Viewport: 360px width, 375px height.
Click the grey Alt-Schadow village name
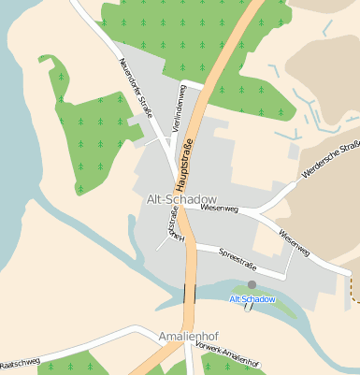pyautogui.click(x=181, y=199)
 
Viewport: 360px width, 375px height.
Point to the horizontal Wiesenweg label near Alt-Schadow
pyautogui.click(x=220, y=210)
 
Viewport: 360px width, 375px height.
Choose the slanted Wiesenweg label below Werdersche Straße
pyautogui.click(x=293, y=242)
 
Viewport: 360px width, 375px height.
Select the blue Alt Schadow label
pyautogui.click(x=252, y=299)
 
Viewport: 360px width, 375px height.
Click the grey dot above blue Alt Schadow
pyautogui.click(x=252, y=284)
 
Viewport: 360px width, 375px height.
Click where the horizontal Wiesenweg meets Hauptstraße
pyautogui.click(x=184, y=208)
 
